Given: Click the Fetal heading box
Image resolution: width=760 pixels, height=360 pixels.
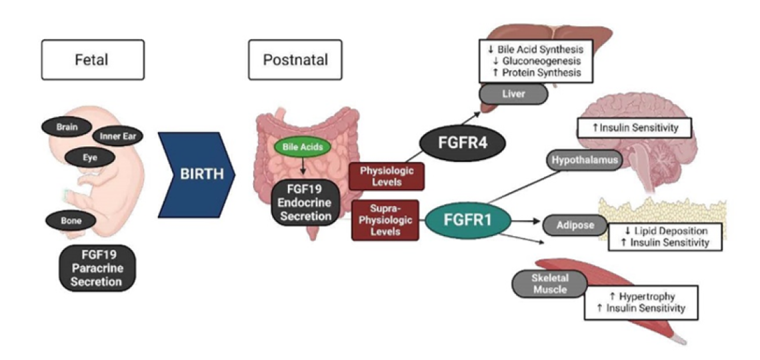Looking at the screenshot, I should coord(92,60).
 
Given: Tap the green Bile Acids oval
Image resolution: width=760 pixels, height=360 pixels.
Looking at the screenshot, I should coord(293,147).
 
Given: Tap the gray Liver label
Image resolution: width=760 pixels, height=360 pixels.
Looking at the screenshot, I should coord(513,95).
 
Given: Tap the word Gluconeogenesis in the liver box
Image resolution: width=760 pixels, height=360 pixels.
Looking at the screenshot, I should coord(539,61).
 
